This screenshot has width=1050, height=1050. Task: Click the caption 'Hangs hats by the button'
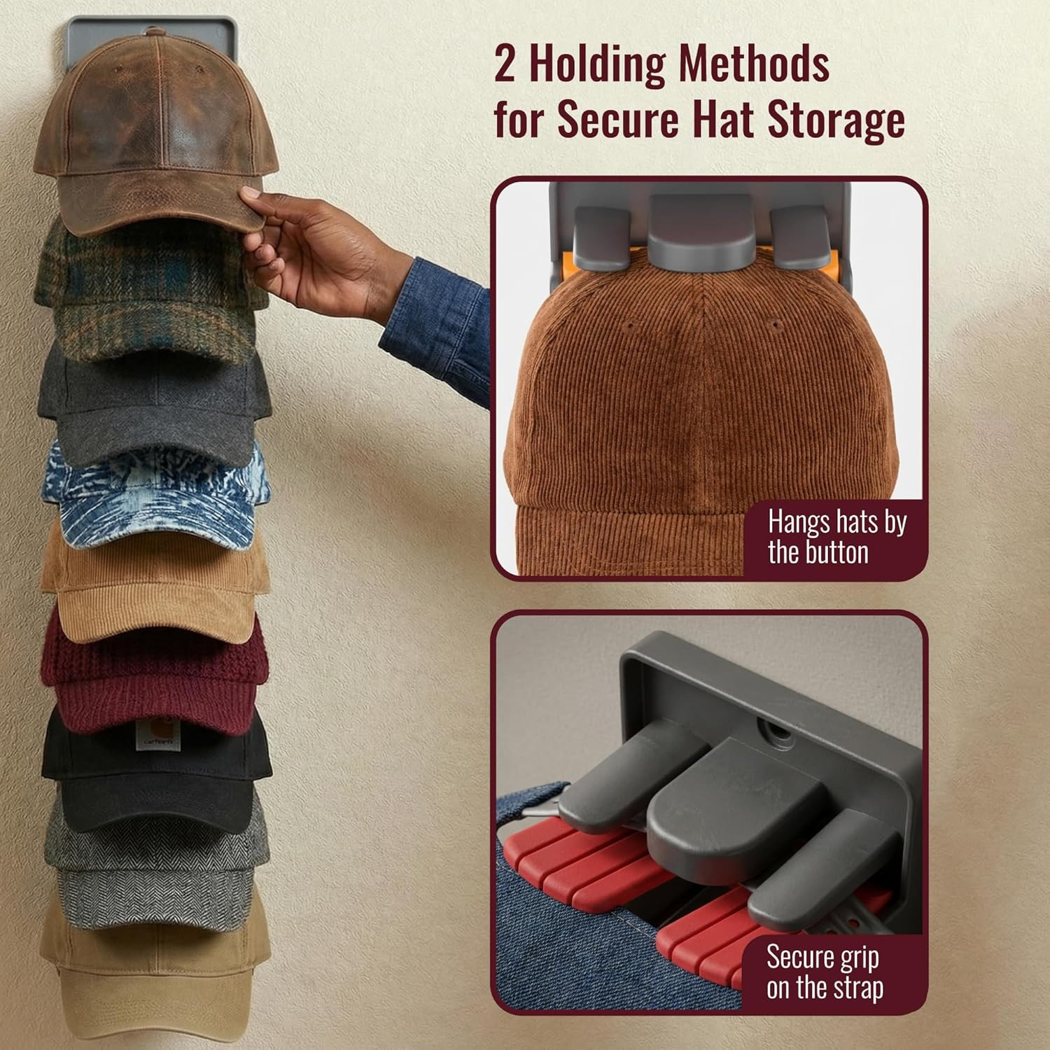pos(836,538)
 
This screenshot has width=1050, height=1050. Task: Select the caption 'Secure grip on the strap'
pos(825,972)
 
